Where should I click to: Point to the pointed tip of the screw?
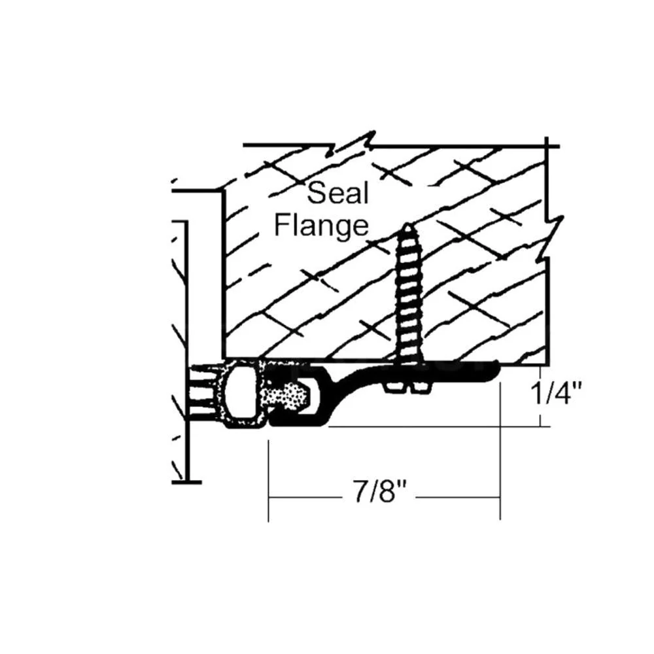click(x=407, y=224)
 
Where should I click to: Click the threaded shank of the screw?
click(x=408, y=292)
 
